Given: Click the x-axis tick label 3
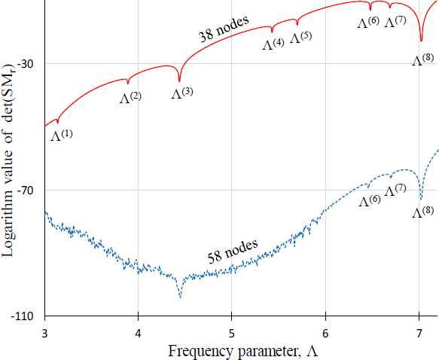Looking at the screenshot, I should tap(45, 332).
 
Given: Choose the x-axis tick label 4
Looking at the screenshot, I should tap(139, 332).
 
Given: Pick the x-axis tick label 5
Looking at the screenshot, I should tap(232, 332).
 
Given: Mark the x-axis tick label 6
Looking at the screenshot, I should tap(325, 332).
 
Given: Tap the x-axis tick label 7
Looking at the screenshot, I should tap(419, 332).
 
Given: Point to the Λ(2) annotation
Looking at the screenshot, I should tap(130, 97).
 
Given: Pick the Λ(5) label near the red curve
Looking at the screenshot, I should tap(300, 38).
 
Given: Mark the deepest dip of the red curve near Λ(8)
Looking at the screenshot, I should tap(421, 41).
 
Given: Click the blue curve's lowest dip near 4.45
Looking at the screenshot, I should tap(180, 297).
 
